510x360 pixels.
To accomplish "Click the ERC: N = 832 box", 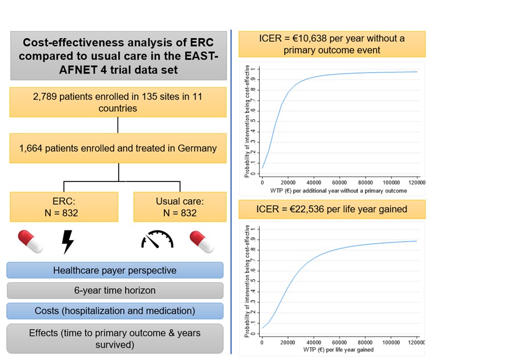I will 63,206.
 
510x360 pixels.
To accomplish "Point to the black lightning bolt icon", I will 67,242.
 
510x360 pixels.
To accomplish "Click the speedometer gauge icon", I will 157,240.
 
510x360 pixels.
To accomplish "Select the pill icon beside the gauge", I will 202,241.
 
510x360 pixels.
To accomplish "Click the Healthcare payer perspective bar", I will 115,270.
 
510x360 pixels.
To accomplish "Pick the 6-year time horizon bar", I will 115,290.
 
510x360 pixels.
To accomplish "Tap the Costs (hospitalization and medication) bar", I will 115,311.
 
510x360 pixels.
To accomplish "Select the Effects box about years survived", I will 115,338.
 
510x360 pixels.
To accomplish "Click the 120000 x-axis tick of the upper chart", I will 416,183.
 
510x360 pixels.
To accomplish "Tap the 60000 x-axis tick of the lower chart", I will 339,343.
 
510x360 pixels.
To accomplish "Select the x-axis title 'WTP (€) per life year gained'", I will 334,350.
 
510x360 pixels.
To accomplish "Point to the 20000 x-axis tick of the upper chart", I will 288,183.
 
